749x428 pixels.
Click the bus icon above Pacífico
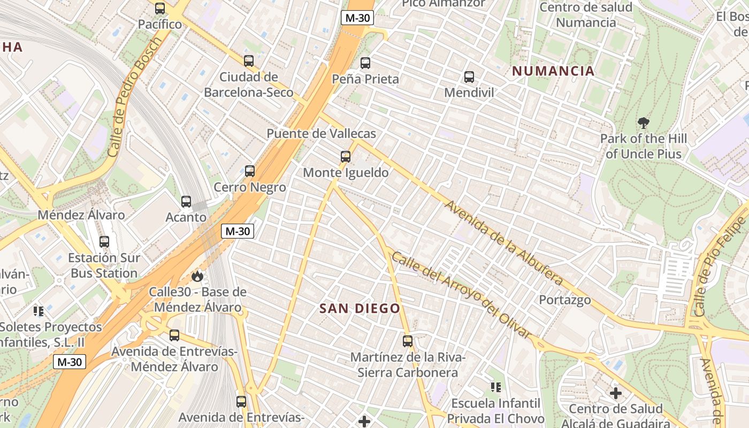pos(160,9)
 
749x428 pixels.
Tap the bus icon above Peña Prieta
pos(365,63)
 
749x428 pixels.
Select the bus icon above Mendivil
pos(469,77)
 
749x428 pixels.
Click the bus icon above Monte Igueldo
pos(346,157)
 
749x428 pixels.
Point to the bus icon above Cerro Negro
pos(250,171)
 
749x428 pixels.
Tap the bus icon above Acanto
pos(186,202)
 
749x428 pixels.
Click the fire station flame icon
pos(197,276)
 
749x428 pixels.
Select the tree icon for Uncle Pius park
pos(644,123)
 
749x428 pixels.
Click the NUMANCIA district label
pos(553,71)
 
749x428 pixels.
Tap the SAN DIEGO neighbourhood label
pos(360,309)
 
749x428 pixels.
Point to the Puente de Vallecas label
pos(321,134)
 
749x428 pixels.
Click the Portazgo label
pos(565,300)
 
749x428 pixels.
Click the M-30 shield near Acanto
pos(238,232)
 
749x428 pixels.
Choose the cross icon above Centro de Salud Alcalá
pos(616,393)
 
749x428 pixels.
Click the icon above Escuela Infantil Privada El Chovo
pos(496,386)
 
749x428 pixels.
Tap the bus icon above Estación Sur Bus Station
pos(104,242)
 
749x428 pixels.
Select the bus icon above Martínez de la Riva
pos(408,341)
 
